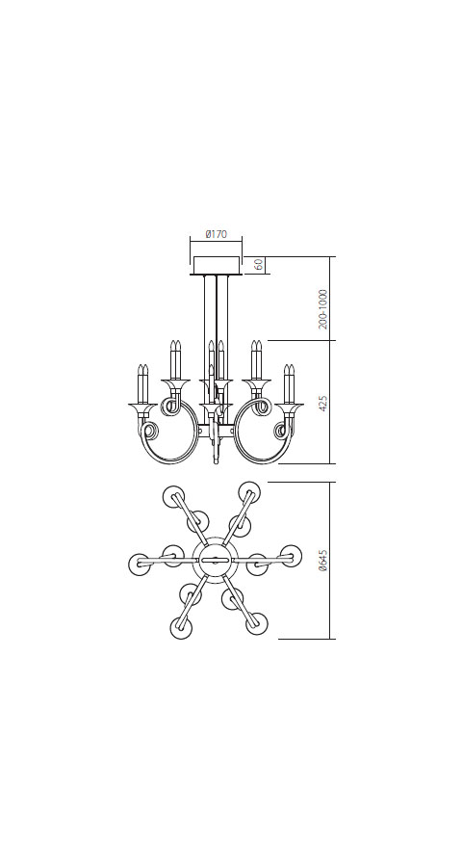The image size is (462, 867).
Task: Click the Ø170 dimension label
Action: (217, 234)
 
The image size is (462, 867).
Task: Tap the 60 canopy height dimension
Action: (259, 265)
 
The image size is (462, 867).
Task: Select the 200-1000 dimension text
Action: (323, 309)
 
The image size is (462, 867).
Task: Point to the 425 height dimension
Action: (323, 403)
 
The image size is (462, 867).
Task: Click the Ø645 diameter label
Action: (323, 561)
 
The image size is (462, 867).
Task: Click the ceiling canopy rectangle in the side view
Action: (217, 265)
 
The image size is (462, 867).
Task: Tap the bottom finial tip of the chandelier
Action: (216, 460)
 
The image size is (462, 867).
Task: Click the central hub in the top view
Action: (215, 560)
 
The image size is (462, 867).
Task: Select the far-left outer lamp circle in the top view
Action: (140, 565)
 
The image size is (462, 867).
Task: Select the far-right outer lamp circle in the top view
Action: (291, 556)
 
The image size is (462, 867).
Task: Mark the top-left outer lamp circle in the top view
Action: (173, 497)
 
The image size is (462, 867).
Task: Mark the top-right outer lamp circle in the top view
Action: (249, 492)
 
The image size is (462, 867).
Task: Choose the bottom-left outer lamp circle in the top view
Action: (181, 627)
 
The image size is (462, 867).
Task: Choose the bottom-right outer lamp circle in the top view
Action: (257, 623)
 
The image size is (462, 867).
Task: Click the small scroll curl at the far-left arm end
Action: (150, 431)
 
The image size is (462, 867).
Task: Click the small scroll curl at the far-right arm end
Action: (282, 431)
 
